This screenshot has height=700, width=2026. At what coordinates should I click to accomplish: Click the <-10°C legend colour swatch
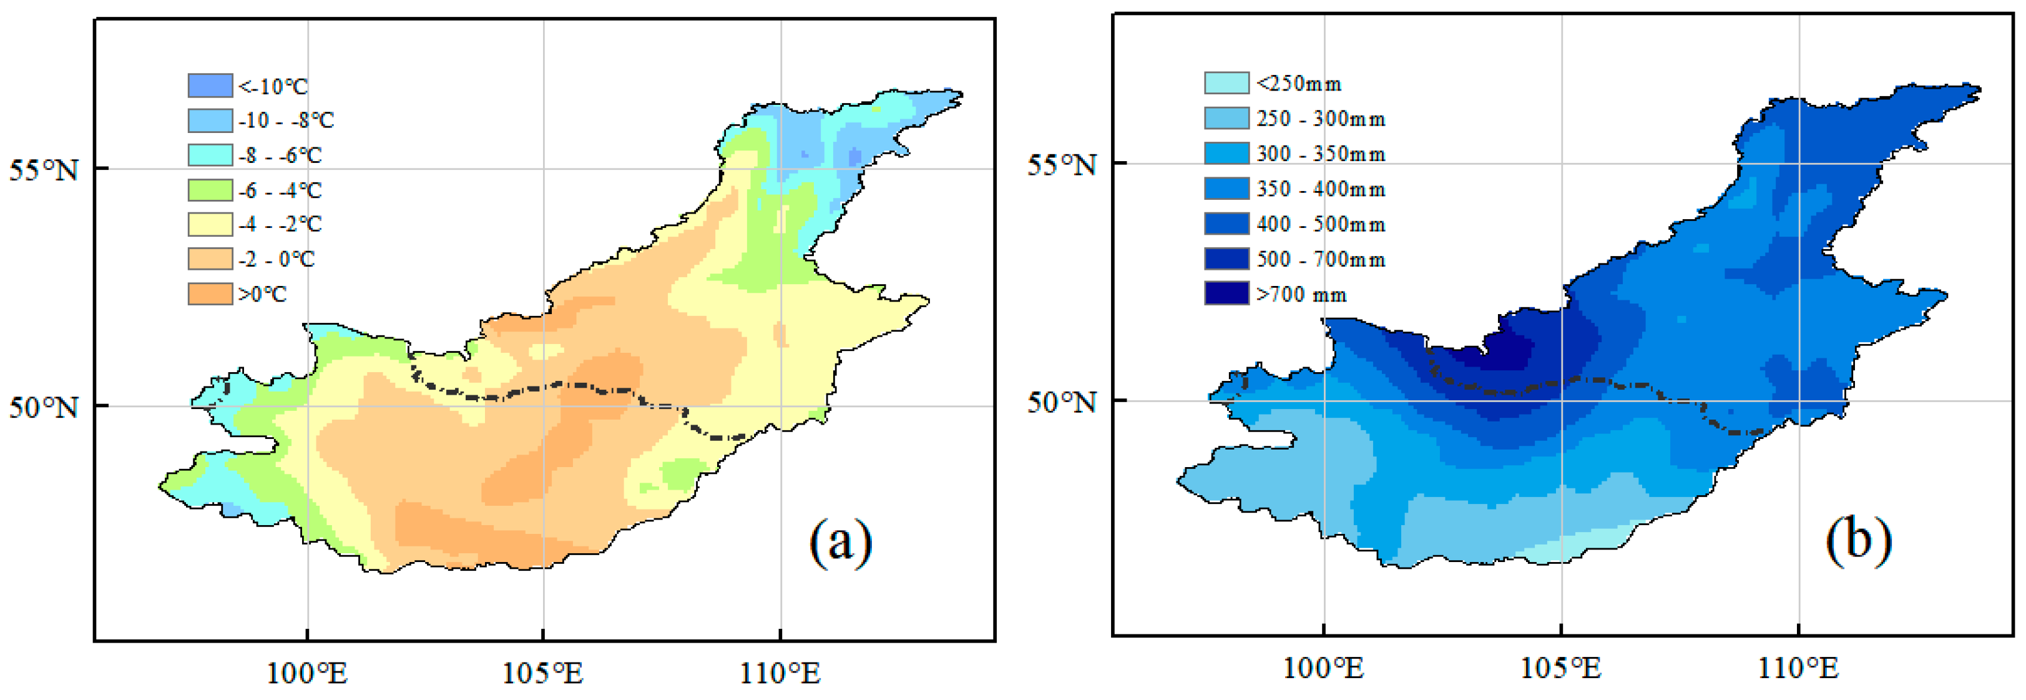pos(210,85)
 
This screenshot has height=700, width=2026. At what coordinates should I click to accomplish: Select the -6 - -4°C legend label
pos(280,190)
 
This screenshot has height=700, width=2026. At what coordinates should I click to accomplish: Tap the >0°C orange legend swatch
pos(210,293)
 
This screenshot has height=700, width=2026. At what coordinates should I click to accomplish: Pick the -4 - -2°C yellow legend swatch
pos(210,224)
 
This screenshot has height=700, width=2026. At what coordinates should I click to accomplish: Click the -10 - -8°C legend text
pos(286,121)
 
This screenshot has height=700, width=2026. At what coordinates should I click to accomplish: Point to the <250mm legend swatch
pos(1226,82)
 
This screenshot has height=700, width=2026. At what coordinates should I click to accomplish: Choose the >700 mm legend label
pos(1301,294)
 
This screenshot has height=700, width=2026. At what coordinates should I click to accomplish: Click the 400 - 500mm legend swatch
pos(1226,224)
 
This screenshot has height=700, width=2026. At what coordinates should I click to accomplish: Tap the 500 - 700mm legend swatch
pos(1226,259)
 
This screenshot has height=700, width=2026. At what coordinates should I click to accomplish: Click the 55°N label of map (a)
pos(44,170)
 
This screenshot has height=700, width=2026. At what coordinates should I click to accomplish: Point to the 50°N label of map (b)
pos(1061,402)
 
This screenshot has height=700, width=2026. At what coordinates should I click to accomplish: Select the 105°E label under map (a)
pos(542,673)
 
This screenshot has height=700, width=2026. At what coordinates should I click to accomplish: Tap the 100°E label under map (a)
pos(306,673)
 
